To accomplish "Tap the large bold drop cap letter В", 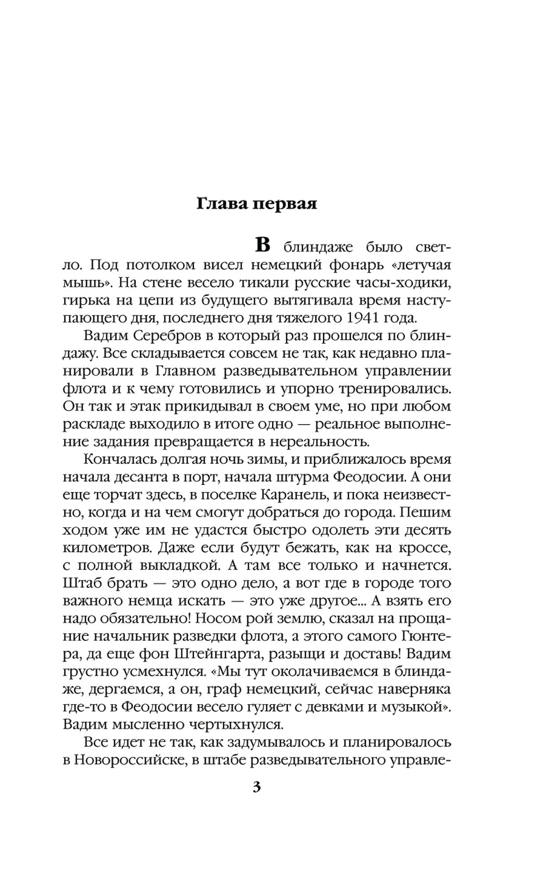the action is click(x=262, y=245).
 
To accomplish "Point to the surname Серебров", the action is click(x=169, y=336).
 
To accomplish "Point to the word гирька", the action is click(x=84, y=300).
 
